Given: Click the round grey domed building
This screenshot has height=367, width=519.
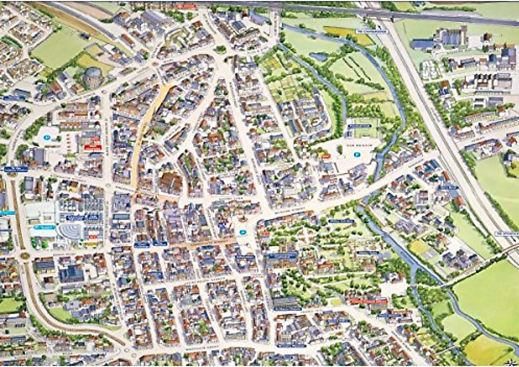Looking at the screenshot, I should [92, 77].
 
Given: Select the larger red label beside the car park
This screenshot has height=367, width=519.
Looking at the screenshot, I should [93, 147].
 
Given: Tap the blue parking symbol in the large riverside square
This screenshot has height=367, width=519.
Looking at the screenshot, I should [356, 155].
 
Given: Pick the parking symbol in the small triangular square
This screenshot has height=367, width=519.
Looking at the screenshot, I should [242, 232].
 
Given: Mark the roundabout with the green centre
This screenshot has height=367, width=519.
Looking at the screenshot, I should [25, 256].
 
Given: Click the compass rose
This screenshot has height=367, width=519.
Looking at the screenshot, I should [508, 361].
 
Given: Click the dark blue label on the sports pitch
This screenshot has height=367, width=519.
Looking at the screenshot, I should [359, 126].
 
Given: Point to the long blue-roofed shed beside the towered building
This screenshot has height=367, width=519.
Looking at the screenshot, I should [423, 44].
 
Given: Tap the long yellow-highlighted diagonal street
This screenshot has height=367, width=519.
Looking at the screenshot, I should [147, 133].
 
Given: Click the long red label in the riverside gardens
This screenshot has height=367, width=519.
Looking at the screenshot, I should [368, 301].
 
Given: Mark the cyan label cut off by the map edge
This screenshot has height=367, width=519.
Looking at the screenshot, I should [6, 212].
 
